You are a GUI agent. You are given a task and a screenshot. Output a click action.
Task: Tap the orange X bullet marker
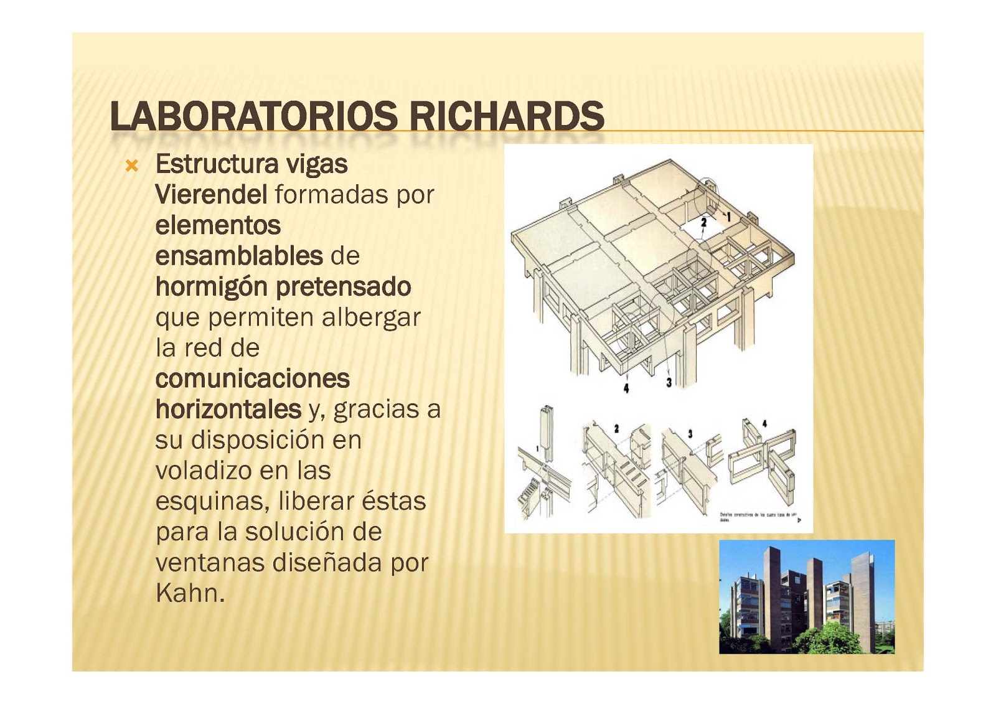[x=131, y=166]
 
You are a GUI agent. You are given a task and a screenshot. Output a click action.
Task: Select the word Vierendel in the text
[x=211, y=195]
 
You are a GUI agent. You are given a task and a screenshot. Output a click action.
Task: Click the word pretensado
[x=343, y=287]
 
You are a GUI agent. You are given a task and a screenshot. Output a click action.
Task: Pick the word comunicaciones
[x=252, y=378]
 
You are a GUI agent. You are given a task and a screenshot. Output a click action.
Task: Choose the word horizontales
[x=228, y=409]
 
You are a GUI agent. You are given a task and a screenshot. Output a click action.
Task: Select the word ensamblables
[x=238, y=256]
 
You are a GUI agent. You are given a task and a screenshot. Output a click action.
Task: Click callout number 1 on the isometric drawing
[x=728, y=217]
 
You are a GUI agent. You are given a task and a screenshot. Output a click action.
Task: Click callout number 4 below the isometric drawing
[x=626, y=388]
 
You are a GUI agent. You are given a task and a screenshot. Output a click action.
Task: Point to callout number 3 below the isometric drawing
[x=669, y=382]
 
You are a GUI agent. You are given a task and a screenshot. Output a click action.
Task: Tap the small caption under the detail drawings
[x=757, y=516]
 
